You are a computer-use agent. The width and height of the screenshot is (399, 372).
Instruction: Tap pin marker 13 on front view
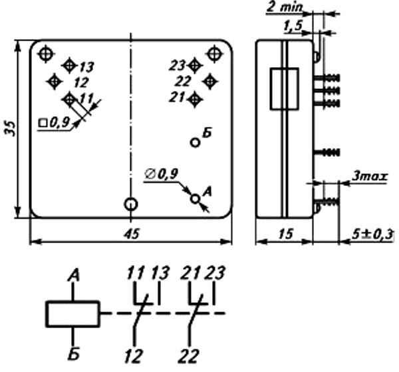[x=69, y=65]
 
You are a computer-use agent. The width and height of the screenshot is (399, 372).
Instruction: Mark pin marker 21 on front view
[x=194, y=99]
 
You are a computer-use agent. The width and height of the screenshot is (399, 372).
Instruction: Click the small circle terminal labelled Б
[x=195, y=141]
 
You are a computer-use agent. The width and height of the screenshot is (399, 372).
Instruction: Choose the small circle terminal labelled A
[x=195, y=198]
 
